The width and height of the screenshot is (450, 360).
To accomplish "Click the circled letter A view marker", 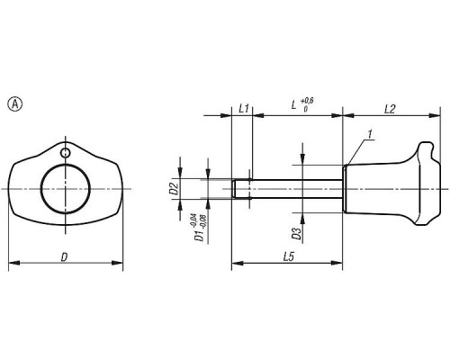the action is [14, 104].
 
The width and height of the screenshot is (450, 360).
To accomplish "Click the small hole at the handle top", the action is [65, 153].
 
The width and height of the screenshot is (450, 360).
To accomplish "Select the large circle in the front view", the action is [66, 189].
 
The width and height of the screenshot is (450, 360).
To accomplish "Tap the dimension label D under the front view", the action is [64, 257].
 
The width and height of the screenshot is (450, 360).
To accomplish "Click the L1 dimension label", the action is [244, 109].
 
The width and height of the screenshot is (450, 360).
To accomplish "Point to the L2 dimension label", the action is [390, 109].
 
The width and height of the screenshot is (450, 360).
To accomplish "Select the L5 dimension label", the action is [288, 256].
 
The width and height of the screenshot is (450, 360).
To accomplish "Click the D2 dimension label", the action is [175, 189].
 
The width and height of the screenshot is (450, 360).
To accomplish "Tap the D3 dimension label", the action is [296, 233].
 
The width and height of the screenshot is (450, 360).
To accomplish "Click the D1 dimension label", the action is [198, 235].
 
